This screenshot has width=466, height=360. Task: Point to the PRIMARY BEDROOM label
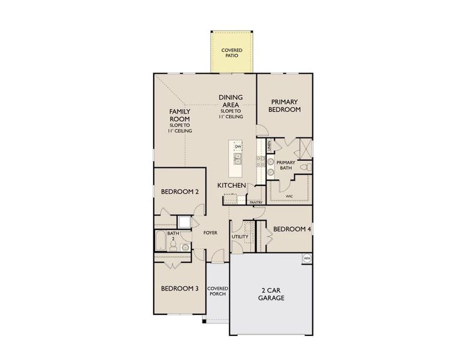(284, 106)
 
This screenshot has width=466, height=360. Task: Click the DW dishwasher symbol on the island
(238, 147)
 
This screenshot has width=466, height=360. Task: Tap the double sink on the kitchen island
(238, 159)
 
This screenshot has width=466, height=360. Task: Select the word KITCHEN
(231, 186)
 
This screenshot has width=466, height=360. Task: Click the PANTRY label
(256, 203)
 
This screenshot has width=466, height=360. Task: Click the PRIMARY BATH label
(286, 166)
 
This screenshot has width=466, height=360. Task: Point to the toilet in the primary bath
(304, 166)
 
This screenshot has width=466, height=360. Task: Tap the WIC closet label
(289, 196)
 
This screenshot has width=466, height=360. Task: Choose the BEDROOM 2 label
(180, 192)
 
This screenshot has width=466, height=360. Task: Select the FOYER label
(210, 233)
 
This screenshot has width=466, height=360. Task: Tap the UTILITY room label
(240, 237)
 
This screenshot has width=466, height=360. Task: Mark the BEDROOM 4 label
(292, 229)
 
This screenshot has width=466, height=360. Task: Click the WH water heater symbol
(307, 259)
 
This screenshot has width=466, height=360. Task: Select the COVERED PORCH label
(217, 292)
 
